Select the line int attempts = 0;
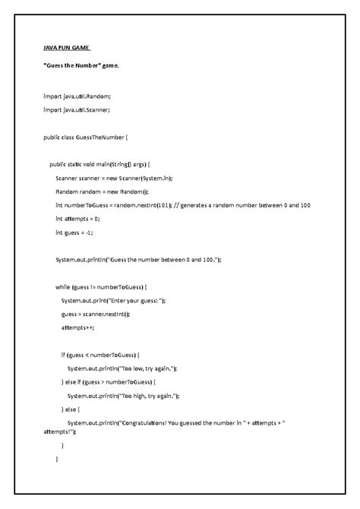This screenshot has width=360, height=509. click(77, 219)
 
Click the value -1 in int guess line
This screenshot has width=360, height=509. click(90, 232)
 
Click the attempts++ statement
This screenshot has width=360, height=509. click(79, 328)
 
